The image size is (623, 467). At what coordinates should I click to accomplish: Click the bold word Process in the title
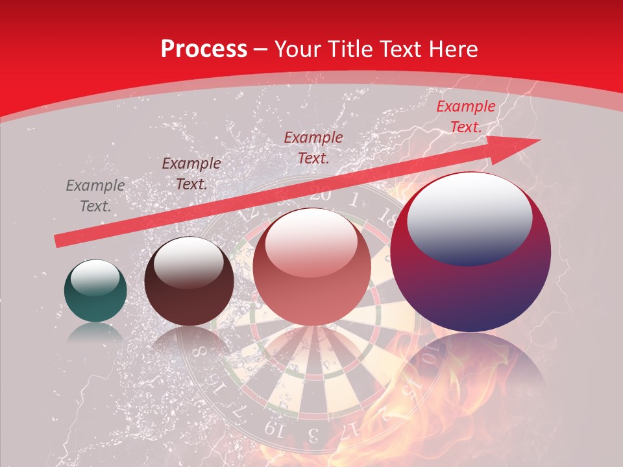click(x=204, y=49)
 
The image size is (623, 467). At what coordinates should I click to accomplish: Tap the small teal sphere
click(x=95, y=291)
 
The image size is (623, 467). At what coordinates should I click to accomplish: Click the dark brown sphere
click(x=189, y=281)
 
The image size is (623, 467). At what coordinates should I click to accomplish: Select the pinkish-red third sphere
click(x=311, y=267)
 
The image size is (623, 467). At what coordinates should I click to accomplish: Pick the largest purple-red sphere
click(x=470, y=252)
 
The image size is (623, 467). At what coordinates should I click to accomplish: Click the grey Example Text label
click(x=95, y=196)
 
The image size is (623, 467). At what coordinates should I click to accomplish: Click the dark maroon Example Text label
click(x=191, y=174)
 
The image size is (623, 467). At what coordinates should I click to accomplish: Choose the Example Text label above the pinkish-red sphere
click(x=313, y=147)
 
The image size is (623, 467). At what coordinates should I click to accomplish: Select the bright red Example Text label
click(x=465, y=117)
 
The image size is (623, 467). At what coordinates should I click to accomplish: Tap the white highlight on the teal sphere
click(x=95, y=278)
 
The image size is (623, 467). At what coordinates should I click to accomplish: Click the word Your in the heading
click(x=299, y=49)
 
